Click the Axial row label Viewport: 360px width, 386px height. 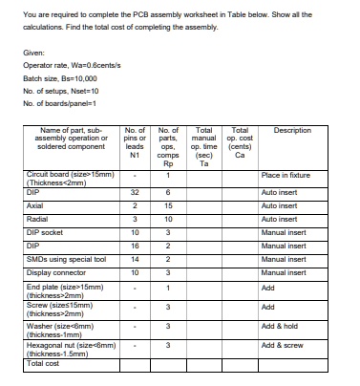click(x=35, y=205)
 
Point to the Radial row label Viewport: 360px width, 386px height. click(x=37, y=219)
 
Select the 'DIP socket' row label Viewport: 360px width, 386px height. click(x=45, y=232)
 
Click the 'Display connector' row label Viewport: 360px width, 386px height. click(x=56, y=272)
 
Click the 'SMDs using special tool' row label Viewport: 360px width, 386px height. click(x=67, y=259)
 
